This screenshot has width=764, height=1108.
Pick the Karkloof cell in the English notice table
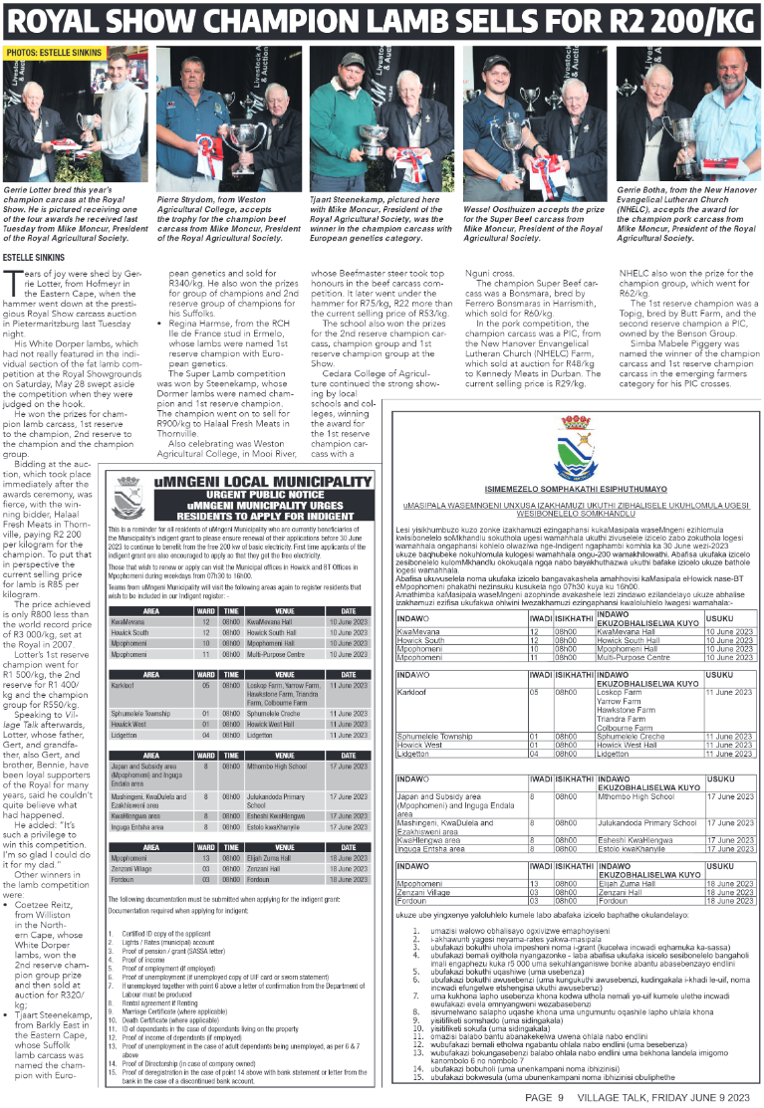pos(124,658)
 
